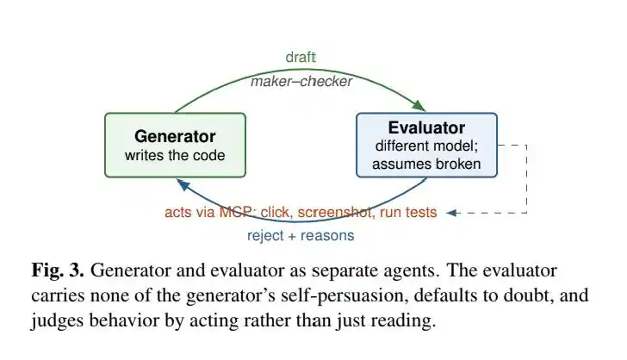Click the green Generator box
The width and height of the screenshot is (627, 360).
[x=175, y=145]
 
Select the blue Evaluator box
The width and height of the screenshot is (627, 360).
[x=426, y=145]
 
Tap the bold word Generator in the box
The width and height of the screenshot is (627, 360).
[x=175, y=136]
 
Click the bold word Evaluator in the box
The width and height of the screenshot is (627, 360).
[x=426, y=127]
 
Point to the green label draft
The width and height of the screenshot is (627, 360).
[x=301, y=57]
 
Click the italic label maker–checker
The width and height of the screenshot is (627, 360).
[x=301, y=82]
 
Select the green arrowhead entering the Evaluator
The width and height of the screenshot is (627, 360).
[x=419, y=106]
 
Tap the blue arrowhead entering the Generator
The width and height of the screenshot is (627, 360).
[x=183, y=184]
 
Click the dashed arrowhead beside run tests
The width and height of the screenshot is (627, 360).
[x=451, y=213]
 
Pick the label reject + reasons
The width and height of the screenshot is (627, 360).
[x=301, y=236]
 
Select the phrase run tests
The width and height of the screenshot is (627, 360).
[x=408, y=212]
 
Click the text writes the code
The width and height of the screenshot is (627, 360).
[x=175, y=155]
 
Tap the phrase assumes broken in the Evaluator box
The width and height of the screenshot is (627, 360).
[x=426, y=164]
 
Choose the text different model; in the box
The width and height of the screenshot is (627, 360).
[x=426, y=146]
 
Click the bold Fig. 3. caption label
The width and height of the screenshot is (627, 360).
[x=58, y=270]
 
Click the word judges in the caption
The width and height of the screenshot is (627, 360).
[x=57, y=320]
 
